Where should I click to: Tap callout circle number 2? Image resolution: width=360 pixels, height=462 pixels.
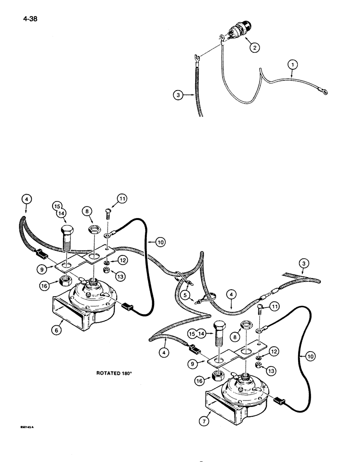(x=253, y=47)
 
